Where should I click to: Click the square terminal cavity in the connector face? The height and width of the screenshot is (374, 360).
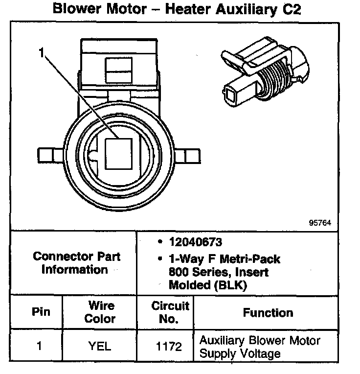pyautogui.click(x=119, y=154)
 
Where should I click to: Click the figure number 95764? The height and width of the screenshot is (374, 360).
pyautogui.click(x=320, y=222)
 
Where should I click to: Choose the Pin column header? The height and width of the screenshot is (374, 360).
pyautogui.click(x=41, y=312)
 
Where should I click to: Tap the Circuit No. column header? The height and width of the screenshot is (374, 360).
pyautogui.click(x=170, y=312)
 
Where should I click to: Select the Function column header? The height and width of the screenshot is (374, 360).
pyautogui.click(x=268, y=312)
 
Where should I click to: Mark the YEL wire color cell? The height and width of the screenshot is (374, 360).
pyautogui.click(x=99, y=346)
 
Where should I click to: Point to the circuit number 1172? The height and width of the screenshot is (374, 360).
pyautogui.click(x=169, y=347)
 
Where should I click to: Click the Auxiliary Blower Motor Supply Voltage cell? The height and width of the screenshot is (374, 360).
pyautogui.click(x=259, y=347)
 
